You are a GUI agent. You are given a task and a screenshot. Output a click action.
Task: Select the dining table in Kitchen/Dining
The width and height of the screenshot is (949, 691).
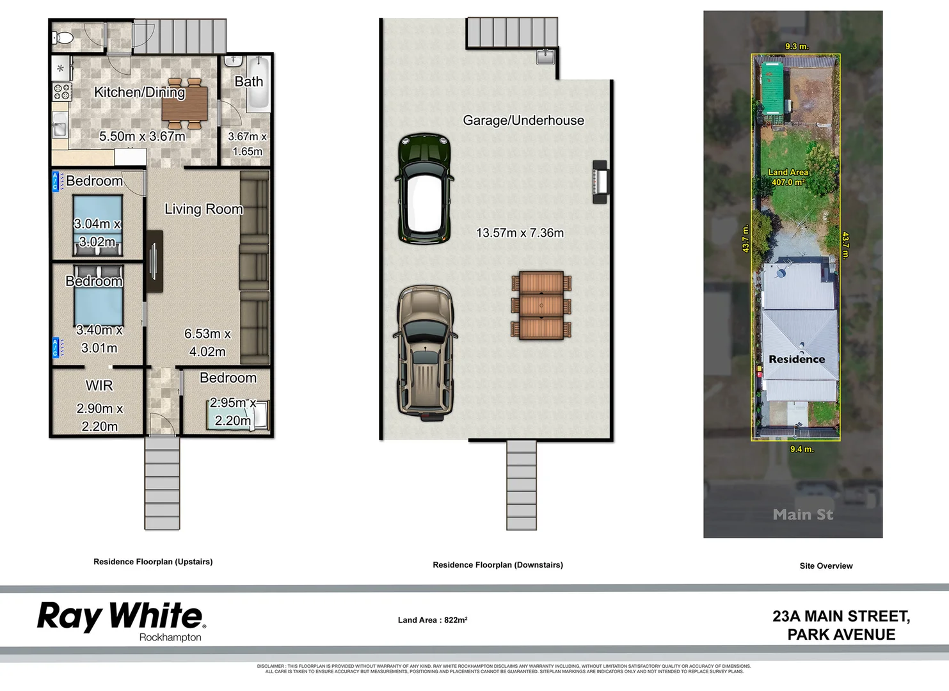tap(185, 104)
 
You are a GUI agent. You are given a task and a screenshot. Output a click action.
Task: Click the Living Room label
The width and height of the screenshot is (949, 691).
tap(203, 209)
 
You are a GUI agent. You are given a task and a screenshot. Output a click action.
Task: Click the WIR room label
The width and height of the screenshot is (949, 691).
tap(99, 386)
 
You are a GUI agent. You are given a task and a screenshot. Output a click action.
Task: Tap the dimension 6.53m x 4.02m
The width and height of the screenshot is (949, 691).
tap(207, 342)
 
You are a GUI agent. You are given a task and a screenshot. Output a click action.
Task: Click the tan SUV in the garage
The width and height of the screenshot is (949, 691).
tap(425, 352)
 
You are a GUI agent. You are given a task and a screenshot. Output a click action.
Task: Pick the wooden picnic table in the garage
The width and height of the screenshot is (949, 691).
tap(541, 305)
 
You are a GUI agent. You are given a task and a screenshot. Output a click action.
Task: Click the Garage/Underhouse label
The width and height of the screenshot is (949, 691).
tap(523, 120)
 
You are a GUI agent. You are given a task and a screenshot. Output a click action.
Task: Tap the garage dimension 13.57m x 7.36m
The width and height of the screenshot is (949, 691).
tap(520, 233)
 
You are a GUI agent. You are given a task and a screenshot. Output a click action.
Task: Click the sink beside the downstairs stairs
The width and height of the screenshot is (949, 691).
tap(545, 57)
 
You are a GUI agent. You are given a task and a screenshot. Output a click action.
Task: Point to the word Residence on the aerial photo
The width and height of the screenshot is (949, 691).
tap(797, 359)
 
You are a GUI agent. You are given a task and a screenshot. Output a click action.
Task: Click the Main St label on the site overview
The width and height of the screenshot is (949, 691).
tap(802, 514)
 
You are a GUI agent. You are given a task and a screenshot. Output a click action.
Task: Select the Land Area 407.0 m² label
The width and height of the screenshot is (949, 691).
tap(788, 177)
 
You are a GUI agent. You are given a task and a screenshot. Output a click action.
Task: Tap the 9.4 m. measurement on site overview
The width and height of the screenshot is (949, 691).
tap(801, 449)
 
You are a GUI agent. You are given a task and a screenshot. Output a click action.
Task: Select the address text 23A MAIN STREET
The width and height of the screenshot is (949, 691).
tap(841, 616)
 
